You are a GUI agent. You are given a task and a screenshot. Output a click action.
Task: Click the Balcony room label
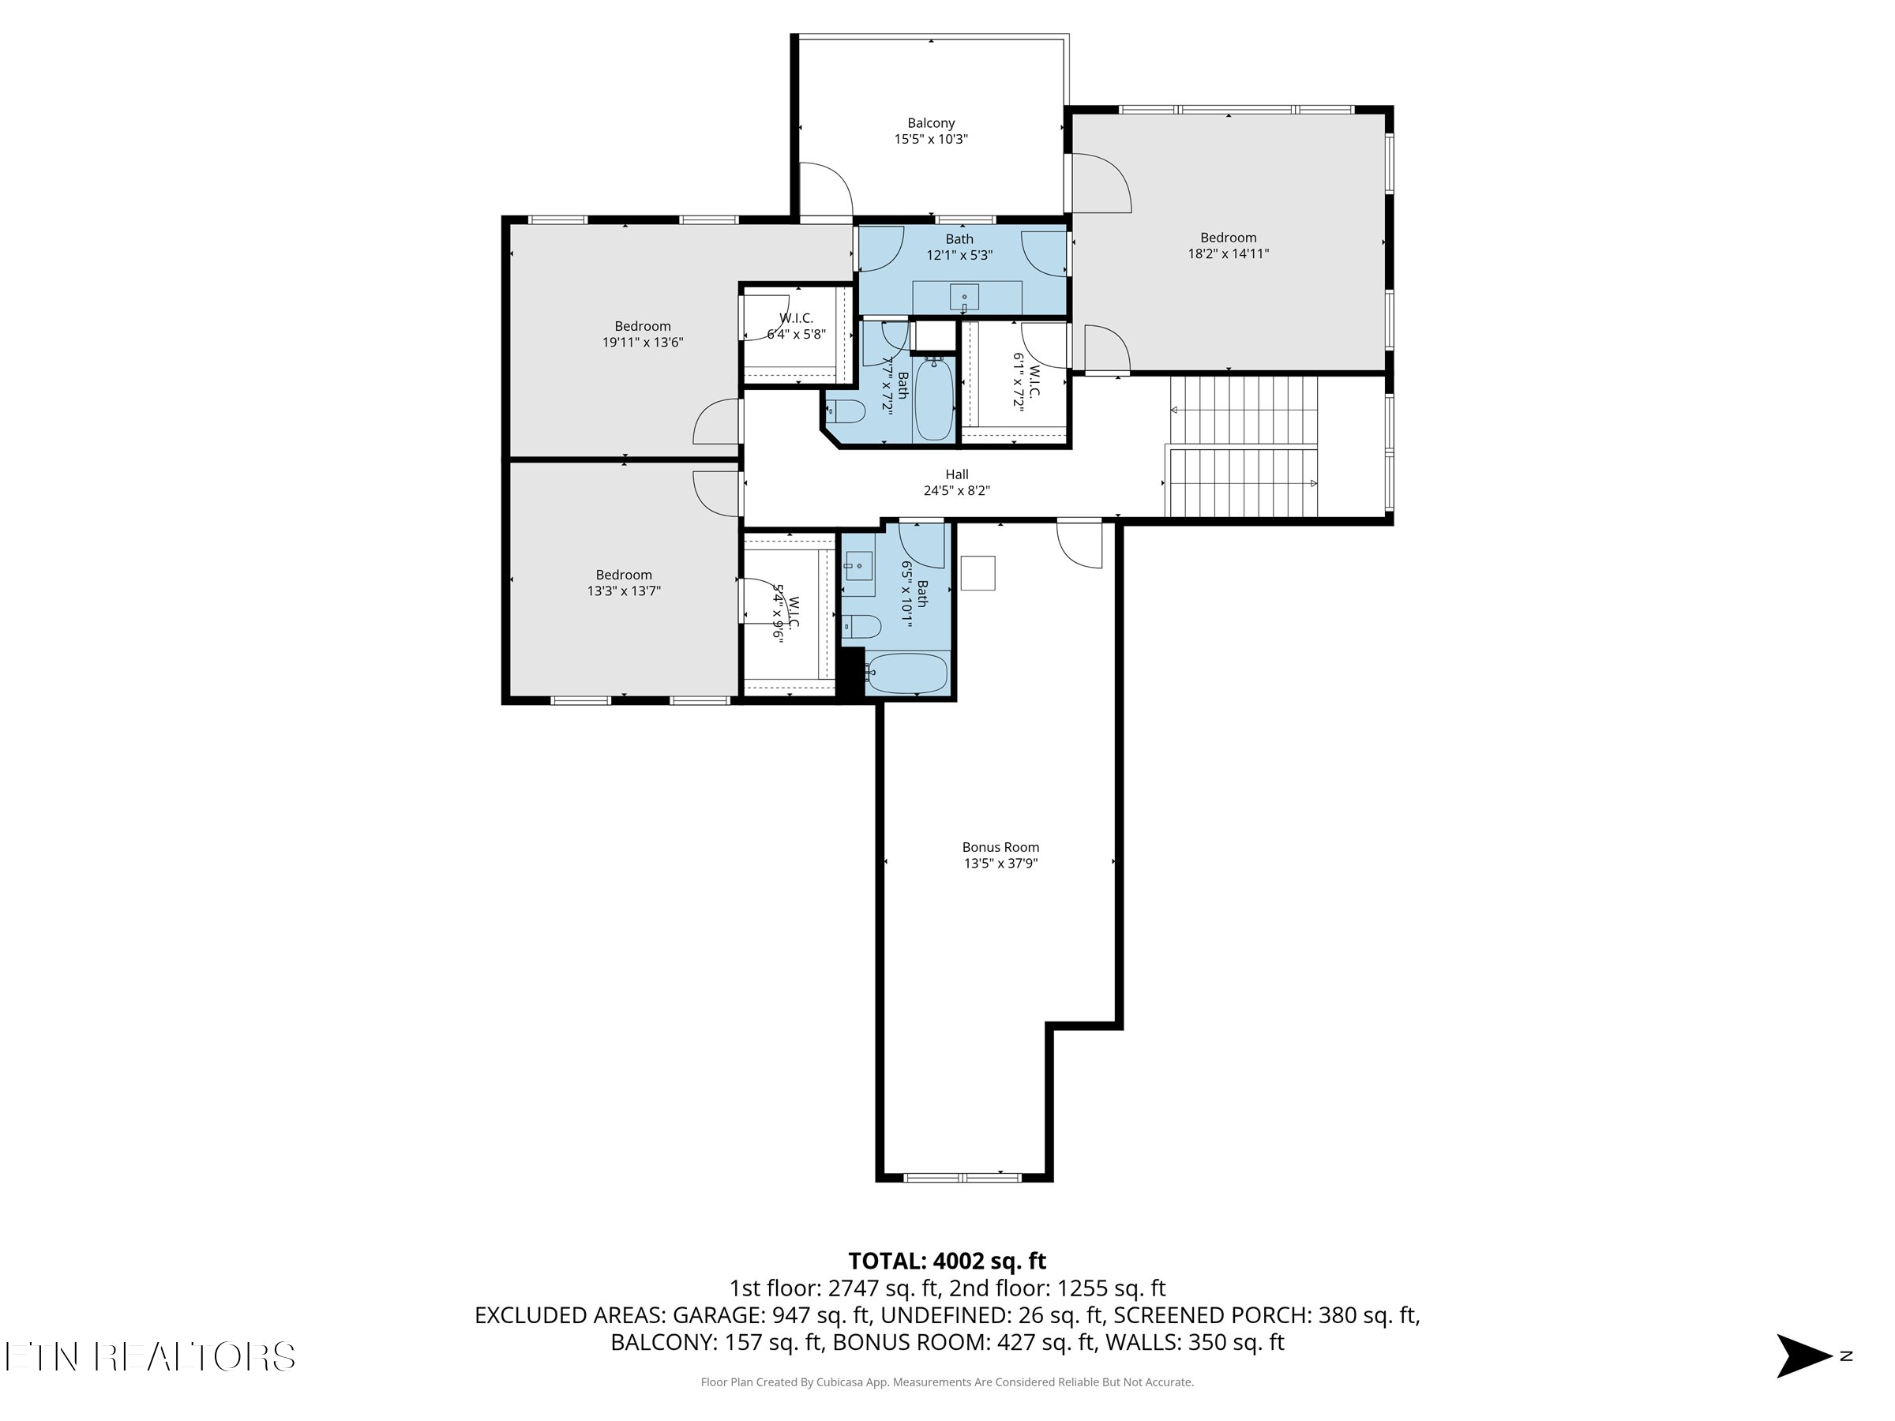pyautogui.click(x=930, y=123)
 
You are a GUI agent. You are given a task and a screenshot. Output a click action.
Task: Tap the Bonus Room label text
pyautogui.click(x=1000, y=847)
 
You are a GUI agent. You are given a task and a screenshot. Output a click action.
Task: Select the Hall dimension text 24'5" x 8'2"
pyautogui.click(x=956, y=491)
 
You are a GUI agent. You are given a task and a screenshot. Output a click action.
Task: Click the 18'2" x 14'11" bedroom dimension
pyautogui.click(x=1228, y=253)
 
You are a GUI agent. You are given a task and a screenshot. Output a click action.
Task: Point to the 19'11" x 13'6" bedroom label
pyautogui.click(x=643, y=334)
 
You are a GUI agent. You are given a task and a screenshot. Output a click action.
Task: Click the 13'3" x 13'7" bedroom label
pyautogui.click(x=624, y=583)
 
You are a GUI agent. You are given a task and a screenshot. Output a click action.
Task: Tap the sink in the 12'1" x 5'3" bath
pyautogui.click(x=964, y=297)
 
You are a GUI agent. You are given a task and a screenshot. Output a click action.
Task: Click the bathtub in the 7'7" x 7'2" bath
pyautogui.click(x=933, y=400)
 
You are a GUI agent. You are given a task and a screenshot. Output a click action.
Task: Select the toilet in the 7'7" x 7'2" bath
pyautogui.click(x=846, y=412)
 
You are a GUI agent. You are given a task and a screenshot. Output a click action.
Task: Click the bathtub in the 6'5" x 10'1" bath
pyautogui.click(x=906, y=673)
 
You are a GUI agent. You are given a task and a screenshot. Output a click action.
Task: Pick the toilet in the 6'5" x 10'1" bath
pyautogui.click(x=862, y=627)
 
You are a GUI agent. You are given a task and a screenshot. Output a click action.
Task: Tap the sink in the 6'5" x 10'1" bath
pyautogui.click(x=858, y=566)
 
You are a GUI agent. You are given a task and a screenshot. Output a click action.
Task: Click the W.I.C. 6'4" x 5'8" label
pyautogui.click(x=796, y=326)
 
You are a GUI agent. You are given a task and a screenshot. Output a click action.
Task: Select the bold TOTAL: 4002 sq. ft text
pyautogui.click(x=947, y=1261)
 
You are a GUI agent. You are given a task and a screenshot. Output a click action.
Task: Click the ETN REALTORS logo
pyautogui.click(x=150, y=1356)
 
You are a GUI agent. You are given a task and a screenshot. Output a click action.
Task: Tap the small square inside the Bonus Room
pyautogui.click(x=978, y=573)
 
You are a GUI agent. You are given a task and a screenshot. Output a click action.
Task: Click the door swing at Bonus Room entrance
pyautogui.click(x=1079, y=544)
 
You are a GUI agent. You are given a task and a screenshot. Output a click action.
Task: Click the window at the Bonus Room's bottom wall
pyautogui.click(x=963, y=1178)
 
